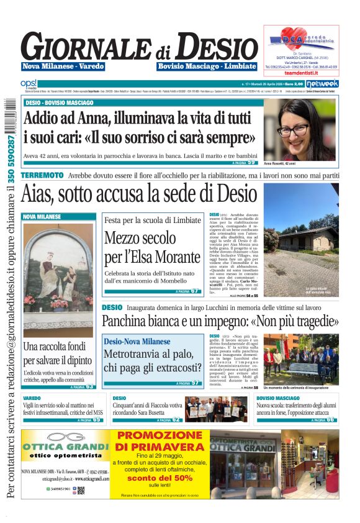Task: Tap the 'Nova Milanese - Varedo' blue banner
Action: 63,66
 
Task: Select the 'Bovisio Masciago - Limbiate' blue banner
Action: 207,66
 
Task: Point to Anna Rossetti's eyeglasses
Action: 296,129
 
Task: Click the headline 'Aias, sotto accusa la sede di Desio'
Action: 139,193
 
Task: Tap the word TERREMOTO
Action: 42,176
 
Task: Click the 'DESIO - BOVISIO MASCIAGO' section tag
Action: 60,102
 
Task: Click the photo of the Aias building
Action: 300,239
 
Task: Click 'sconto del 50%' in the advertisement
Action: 160,477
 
